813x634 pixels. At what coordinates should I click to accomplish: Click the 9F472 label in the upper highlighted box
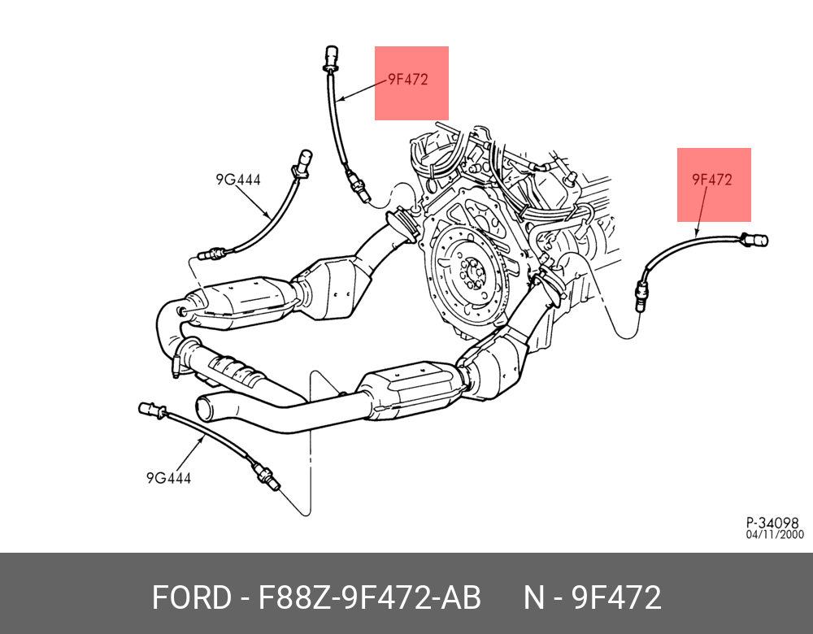coord(407,80)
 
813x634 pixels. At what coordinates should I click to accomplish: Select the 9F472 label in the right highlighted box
coord(712,180)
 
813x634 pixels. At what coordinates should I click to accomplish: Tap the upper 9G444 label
coord(238,180)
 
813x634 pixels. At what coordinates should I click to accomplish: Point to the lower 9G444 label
coord(168,478)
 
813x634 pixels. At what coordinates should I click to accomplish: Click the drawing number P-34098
coord(772,523)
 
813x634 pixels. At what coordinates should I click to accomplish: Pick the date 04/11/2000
coord(775,535)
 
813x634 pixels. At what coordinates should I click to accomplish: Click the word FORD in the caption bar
coord(191,598)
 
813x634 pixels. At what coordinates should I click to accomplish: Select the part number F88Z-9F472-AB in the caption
coord(369,598)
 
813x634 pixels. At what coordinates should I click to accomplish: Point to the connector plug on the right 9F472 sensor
coord(755,239)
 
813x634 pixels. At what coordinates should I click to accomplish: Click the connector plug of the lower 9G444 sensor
coord(150,409)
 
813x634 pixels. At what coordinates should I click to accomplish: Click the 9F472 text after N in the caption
coord(616,598)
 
